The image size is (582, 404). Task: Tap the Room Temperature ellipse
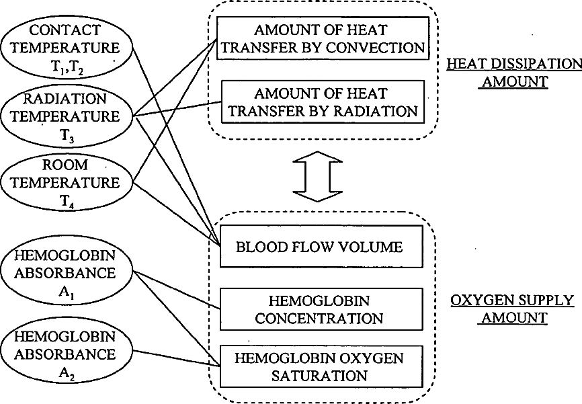pyautogui.click(x=67, y=183)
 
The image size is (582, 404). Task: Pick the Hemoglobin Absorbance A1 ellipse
pyautogui.click(x=67, y=272)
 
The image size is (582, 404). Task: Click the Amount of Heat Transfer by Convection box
pyautogui.click(x=323, y=38)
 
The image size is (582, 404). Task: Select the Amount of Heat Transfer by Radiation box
pyautogui.click(x=323, y=102)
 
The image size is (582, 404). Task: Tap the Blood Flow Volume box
pyautogui.click(x=321, y=247)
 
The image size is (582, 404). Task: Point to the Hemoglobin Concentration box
pyautogui.click(x=321, y=309)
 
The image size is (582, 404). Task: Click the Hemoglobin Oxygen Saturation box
pyautogui.click(x=321, y=367)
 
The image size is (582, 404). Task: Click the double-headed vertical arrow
pyautogui.click(x=317, y=176)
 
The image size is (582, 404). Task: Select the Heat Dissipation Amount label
pyautogui.click(x=514, y=73)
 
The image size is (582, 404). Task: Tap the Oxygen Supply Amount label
pyautogui.click(x=513, y=309)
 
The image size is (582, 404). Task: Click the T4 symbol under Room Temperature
pyautogui.click(x=67, y=202)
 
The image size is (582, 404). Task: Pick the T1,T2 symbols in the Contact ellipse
pyautogui.click(x=67, y=68)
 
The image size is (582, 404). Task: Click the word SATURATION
pyautogui.click(x=319, y=376)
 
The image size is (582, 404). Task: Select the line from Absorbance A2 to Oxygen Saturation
pyautogui.click(x=177, y=358)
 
